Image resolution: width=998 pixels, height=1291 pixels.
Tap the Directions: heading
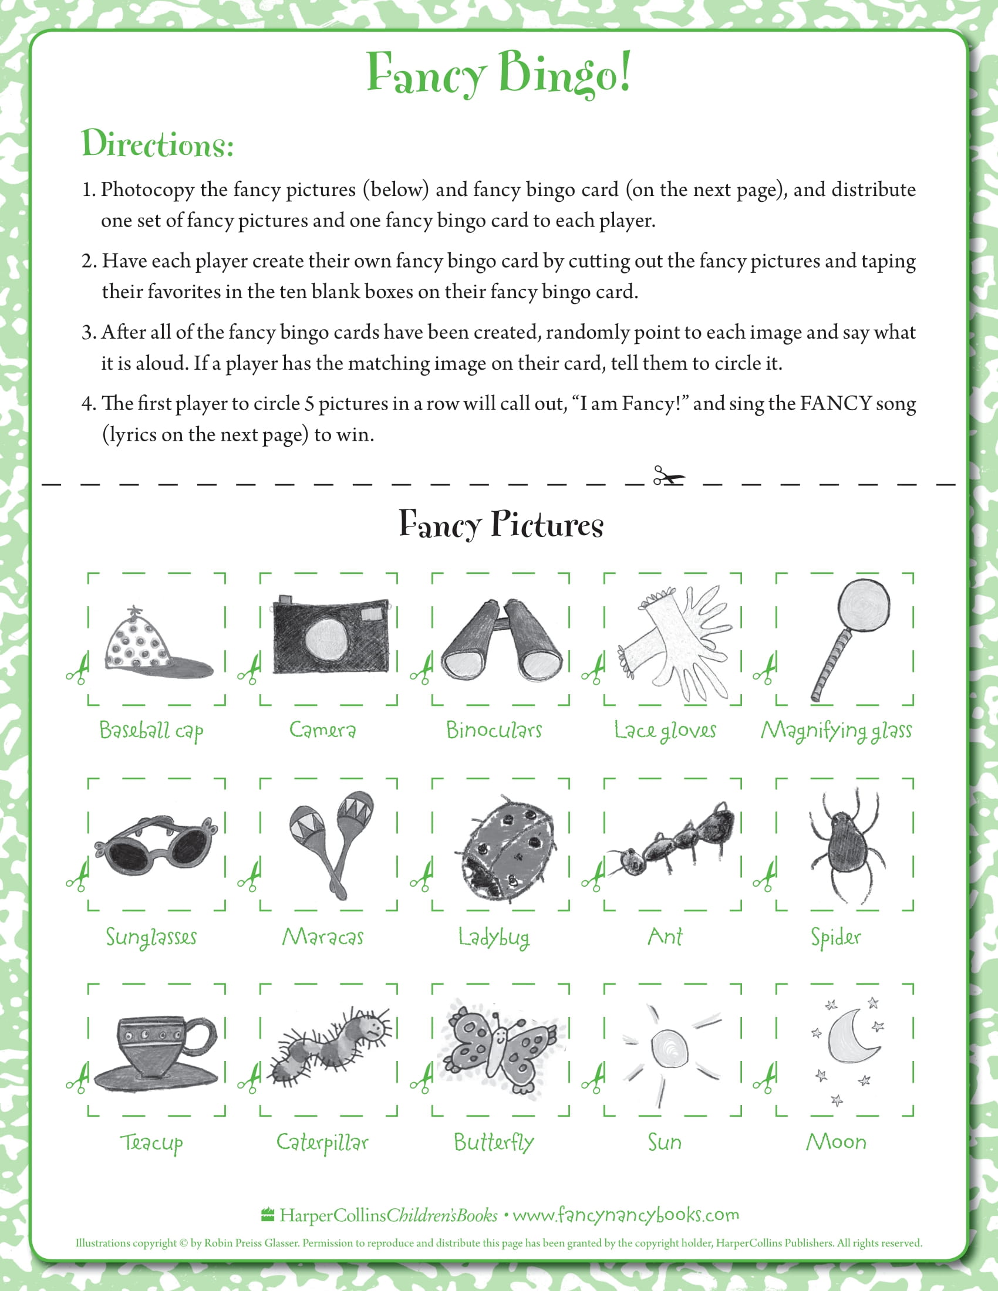click(157, 144)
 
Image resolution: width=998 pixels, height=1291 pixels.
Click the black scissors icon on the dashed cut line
click(668, 476)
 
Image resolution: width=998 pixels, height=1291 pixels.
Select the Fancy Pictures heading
click(501, 523)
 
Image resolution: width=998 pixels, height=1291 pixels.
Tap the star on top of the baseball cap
click(136, 610)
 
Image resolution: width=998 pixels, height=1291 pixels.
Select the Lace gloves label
click(665, 731)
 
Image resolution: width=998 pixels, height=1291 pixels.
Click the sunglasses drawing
click(156, 844)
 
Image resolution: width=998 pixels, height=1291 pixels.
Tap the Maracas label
click(323, 937)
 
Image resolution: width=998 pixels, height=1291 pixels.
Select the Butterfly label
click(494, 1142)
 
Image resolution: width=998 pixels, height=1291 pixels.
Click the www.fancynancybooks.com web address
click(626, 1215)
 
